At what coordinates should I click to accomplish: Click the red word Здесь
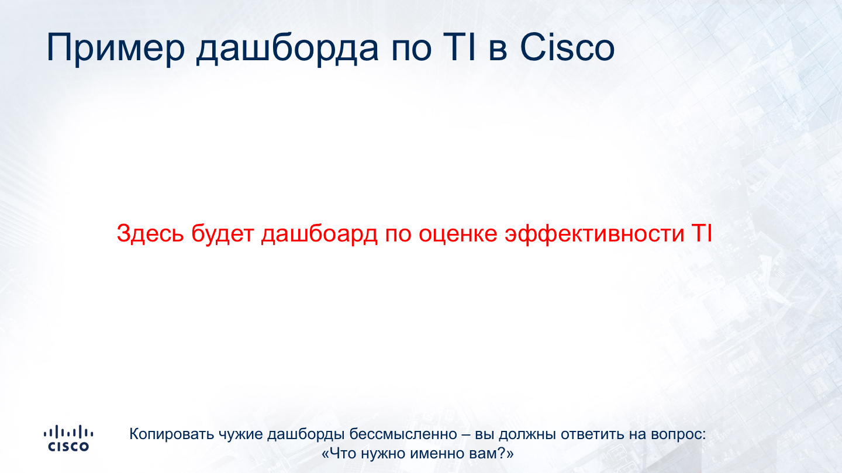(x=150, y=233)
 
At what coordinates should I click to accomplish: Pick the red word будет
(x=223, y=234)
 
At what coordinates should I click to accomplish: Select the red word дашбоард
(x=319, y=234)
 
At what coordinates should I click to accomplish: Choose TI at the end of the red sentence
(x=702, y=233)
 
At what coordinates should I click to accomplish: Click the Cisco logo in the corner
(x=68, y=438)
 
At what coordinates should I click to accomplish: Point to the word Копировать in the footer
(x=171, y=434)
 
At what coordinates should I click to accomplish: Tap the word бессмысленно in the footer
(x=403, y=434)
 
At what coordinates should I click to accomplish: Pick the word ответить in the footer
(x=592, y=434)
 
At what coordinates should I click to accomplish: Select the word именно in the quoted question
(x=437, y=454)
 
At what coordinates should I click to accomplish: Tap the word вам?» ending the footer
(x=491, y=454)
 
